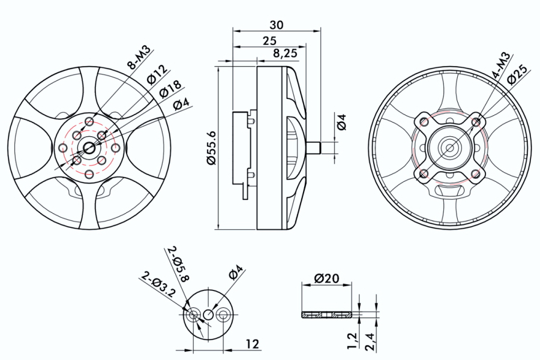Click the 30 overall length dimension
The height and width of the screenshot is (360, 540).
pyautogui.click(x=277, y=25)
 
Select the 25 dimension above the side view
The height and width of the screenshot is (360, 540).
pyautogui.click(x=269, y=41)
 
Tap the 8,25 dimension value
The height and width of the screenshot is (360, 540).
pyautogui.click(x=284, y=53)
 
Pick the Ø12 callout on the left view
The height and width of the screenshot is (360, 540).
pyautogui.click(x=155, y=74)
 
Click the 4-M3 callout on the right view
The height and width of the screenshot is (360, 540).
pyautogui.click(x=500, y=65)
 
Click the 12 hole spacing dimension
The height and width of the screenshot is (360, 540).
pyautogui.click(x=253, y=344)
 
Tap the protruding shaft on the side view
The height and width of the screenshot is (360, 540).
pyautogui.click(x=314, y=146)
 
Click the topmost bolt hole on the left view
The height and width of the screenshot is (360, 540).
pyautogui.click(x=89, y=122)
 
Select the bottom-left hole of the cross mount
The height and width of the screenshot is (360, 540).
pyautogui.click(x=424, y=174)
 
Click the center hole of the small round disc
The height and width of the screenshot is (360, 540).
pyautogui.click(x=208, y=314)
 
